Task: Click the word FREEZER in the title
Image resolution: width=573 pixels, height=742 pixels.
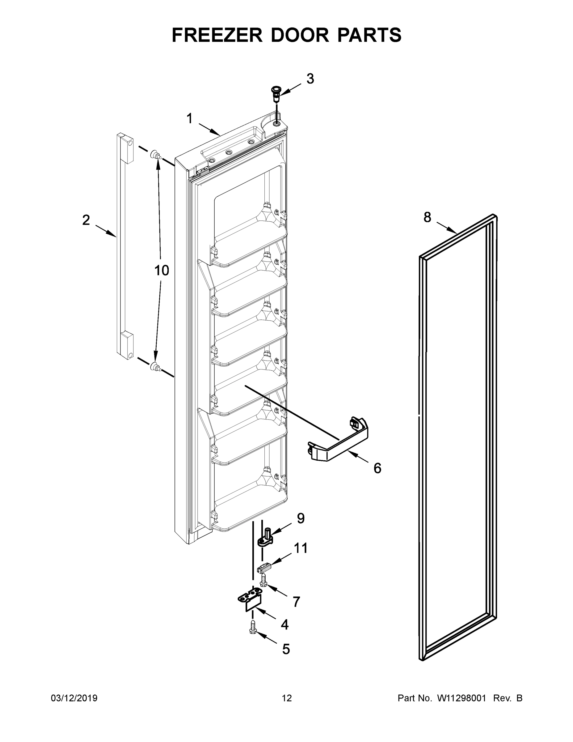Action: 217,35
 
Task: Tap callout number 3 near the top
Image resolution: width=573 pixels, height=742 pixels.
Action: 310,79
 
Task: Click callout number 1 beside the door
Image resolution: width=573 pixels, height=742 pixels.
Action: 189,119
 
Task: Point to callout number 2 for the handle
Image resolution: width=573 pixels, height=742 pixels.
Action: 86,220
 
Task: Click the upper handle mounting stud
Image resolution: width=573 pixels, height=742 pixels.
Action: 155,155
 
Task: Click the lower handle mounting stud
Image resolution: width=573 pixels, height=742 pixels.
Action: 155,367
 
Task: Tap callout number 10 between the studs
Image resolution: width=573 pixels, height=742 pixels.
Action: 162,271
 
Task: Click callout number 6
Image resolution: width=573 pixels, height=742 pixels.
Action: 377,468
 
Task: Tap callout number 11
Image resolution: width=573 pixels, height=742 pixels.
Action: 301,548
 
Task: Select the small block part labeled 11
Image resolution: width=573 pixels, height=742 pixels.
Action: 265,566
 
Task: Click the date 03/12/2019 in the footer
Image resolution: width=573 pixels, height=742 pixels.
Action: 74,698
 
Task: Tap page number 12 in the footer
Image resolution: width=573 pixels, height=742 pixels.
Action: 287,698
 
